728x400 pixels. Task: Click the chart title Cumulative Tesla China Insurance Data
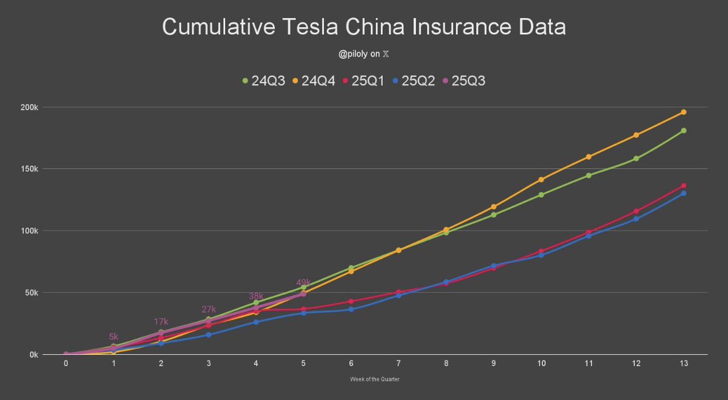point(364,27)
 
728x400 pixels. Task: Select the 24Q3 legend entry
point(262,80)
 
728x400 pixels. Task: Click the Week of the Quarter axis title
point(374,379)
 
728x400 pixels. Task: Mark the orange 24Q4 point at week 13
point(684,112)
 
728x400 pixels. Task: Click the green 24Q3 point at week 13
point(684,131)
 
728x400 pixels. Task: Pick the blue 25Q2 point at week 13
point(684,193)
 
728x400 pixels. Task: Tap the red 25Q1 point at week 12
point(636,211)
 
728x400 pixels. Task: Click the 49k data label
point(303,283)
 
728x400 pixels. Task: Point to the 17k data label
point(161,322)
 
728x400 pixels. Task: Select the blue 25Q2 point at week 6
point(351,309)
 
